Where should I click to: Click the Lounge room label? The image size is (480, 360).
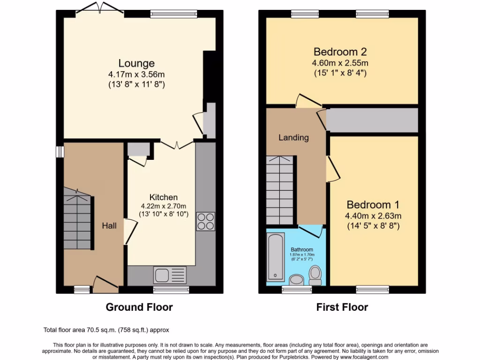(x=136, y=63)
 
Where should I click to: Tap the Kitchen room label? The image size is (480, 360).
(x=164, y=197)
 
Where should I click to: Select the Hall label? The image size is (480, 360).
(x=109, y=225)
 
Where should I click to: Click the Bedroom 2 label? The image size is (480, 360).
(x=340, y=52)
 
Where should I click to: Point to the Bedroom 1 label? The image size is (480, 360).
(x=373, y=205)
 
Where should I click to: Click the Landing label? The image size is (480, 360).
(x=293, y=138)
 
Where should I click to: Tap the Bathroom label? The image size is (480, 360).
(x=301, y=249)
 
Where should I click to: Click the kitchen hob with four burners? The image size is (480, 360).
(x=205, y=221)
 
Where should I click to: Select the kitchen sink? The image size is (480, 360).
(x=170, y=274)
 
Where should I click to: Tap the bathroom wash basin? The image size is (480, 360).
(x=296, y=280)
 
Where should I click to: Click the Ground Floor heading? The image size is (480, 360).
(x=139, y=307)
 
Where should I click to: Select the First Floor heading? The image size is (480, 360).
(x=342, y=307)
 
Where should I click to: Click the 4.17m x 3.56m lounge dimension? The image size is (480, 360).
(x=136, y=75)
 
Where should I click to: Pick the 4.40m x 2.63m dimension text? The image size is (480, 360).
(x=373, y=216)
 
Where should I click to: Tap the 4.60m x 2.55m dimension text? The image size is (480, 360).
(x=340, y=63)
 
